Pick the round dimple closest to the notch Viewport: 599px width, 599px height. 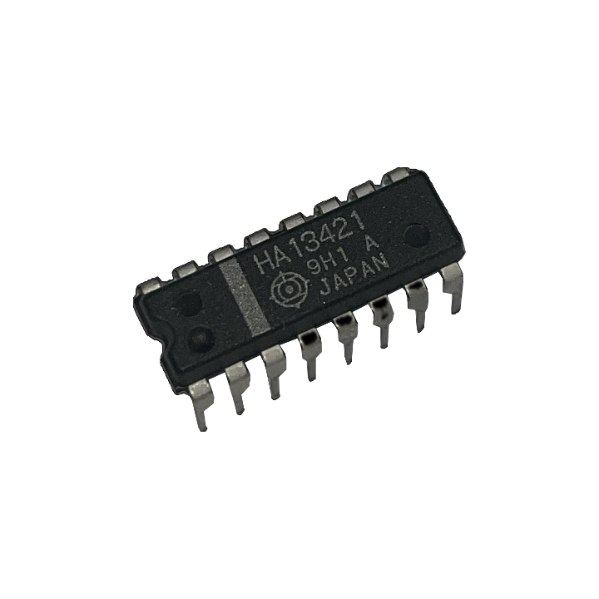point(200,337)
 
